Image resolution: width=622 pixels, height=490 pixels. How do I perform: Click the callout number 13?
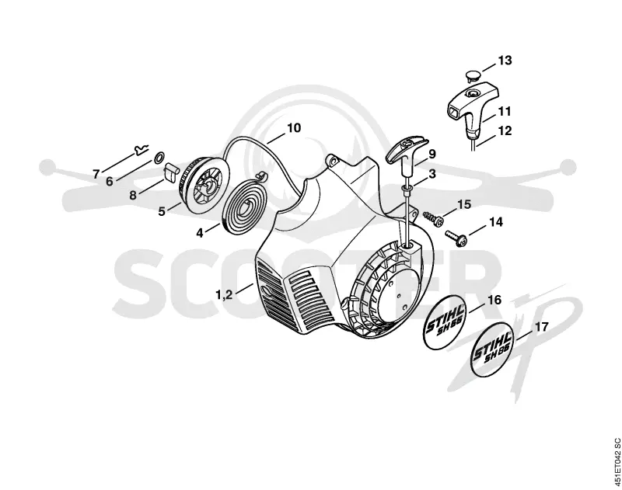tap(505, 61)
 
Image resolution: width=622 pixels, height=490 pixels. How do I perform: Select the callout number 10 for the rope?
tap(294, 128)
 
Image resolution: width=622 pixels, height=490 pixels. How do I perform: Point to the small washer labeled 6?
tap(158, 158)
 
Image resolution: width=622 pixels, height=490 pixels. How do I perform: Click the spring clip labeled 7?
tap(141, 150)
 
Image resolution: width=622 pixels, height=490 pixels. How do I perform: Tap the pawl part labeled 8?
tap(170, 171)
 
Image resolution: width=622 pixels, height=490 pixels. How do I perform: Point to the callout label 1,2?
tap(224, 295)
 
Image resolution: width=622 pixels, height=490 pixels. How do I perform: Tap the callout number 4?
tap(200, 233)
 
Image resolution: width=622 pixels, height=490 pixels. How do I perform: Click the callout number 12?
tap(505, 130)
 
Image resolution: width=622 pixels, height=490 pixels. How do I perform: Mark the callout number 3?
tap(432, 174)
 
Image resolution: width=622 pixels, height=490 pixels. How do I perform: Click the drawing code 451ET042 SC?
tap(616, 464)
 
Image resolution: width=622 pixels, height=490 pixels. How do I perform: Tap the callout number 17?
tap(542, 327)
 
